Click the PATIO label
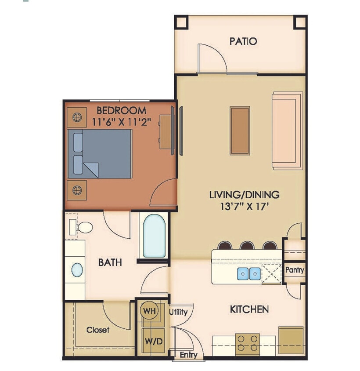pos(243,42)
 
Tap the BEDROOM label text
pos(122,110)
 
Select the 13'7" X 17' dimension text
pos(245,206)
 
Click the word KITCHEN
pos(249,309)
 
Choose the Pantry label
pos(294,270)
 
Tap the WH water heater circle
pos(149,311)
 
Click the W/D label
pos(149,341)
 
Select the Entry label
pos(189,355)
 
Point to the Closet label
pos(97,330)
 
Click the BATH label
pos(110,263)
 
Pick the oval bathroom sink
pos(77,269)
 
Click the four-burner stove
pos(247,344)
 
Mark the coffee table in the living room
pos(240,130)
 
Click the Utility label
pos(178,312)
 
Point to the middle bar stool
pos(246,246)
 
